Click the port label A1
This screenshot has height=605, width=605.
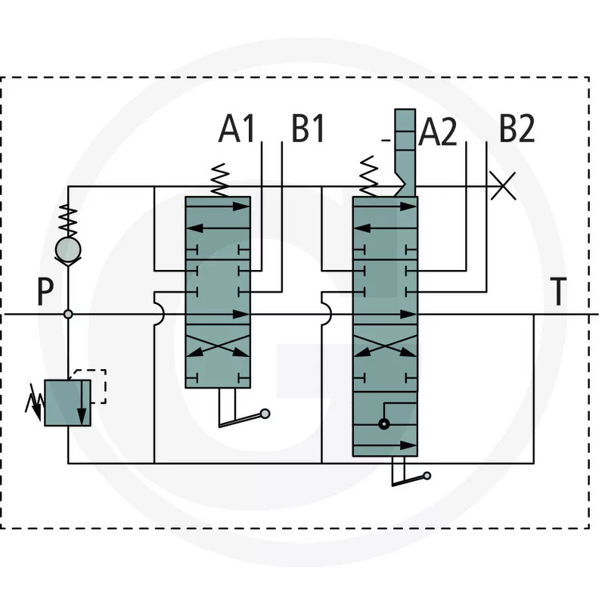coord(237,129)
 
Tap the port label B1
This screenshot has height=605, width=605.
coord(308,129)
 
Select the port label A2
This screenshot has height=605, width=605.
coord(438,133)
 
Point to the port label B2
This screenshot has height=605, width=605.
coord(517,129)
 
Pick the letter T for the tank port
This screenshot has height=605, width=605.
coord(557,293)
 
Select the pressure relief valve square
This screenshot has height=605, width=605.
coord(68,403)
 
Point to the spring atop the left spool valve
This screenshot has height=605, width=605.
coord(220,180)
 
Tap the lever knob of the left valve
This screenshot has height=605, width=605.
coord(265,413)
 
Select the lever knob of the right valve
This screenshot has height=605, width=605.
coord(427,475)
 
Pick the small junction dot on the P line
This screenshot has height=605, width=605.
coord(68,314)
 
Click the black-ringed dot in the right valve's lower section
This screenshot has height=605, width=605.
coord(384,424)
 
